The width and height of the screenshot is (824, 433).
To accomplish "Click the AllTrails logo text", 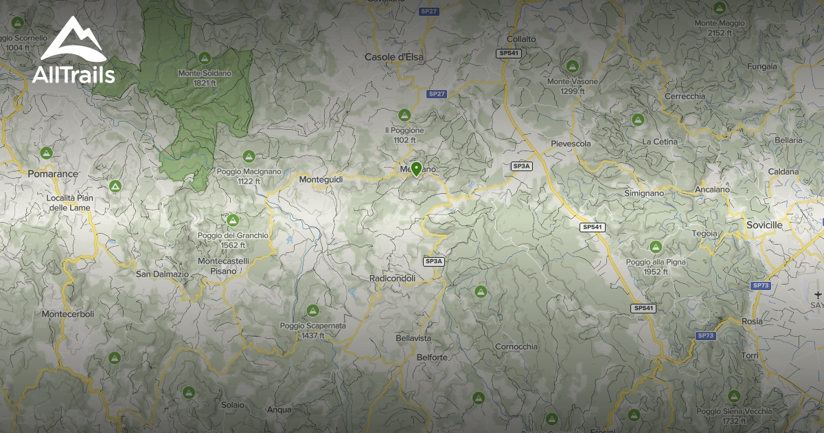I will [x=73, y=74].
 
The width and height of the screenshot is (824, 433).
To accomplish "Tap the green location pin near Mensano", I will [x=415, y=168].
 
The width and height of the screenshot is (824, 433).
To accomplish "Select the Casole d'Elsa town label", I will [x=394, y=57].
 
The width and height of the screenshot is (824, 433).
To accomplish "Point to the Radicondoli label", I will [x=392, y=278].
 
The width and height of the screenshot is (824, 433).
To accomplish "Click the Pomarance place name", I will [x=53, y=174].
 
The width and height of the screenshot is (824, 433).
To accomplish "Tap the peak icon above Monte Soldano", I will [x=204, y=58].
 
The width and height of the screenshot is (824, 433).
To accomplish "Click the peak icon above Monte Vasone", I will [x=572, y=67].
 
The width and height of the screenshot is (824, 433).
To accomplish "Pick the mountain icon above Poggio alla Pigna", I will [x=655, y=247].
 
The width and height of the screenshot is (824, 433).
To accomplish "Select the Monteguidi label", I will [x=321, y=179].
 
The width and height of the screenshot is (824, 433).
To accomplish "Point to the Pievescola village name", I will [x=571, y=144].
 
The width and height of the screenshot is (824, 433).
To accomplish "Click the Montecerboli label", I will [x=68, y=313].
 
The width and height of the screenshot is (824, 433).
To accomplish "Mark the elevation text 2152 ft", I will [x=720, y=33].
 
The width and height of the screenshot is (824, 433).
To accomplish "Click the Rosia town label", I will [x=753, y=321].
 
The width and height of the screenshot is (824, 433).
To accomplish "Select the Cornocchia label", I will [x=516, y=346].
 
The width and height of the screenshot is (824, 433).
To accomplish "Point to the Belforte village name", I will [x=432, y=357].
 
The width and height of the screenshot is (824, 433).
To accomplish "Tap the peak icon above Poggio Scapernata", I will [x=313, y=311].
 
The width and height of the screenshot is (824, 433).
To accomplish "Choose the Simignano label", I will [x=644, y=193].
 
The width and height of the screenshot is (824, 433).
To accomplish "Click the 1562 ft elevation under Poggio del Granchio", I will [x=233, y=245].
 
